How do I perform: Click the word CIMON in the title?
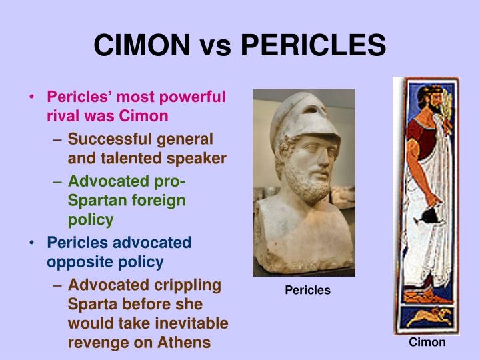142,45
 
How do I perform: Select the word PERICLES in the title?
313,45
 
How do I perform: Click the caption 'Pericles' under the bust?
307,291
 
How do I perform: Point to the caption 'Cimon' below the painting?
427,343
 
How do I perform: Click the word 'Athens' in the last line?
187,343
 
